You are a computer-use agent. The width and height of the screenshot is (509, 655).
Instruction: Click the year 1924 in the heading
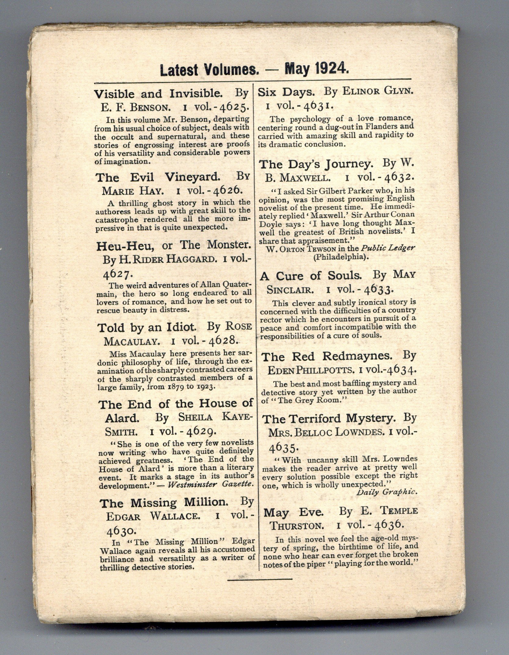tap(331, 70)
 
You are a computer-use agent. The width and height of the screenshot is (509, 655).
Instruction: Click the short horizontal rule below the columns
tap(260, 578)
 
